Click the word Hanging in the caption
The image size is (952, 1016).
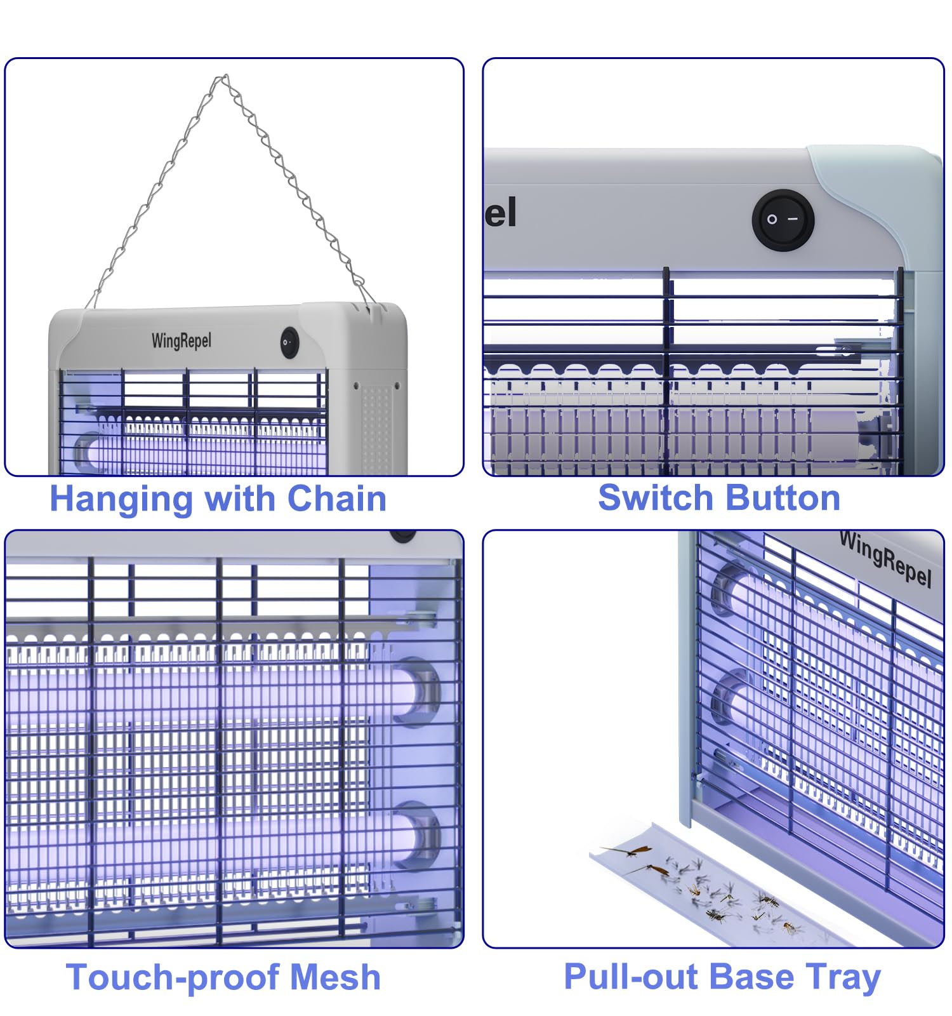121,500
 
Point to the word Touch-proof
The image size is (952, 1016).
174,978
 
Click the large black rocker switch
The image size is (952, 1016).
783,220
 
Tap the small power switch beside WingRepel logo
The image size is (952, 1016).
289,342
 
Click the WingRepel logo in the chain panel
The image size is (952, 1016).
181,341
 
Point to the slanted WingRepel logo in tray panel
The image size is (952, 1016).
885,559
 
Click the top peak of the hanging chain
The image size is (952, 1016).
222,77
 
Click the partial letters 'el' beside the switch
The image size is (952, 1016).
501,212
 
